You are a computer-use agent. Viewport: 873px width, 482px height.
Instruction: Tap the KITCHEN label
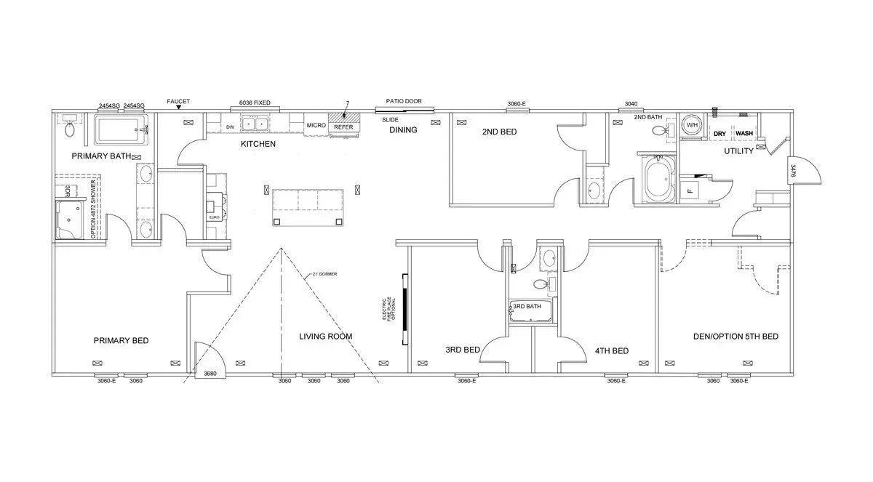click(258, 145)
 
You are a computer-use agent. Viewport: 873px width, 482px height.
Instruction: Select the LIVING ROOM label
click(325, 337)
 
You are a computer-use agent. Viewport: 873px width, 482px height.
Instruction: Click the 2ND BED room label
click(499, 132)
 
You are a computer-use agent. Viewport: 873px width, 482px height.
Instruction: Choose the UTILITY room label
click(738, 151)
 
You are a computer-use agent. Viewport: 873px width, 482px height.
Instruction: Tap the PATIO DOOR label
click(404, 102)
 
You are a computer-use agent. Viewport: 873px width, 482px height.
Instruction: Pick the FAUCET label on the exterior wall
click(178, 102)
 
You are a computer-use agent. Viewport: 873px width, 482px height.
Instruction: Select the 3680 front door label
click(210, 374)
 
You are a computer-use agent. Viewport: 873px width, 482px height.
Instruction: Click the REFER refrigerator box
click(343, 127)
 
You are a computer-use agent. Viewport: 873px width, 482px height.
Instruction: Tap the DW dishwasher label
click(230, 127)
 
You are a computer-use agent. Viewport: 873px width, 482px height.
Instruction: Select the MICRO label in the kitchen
click(316, 126)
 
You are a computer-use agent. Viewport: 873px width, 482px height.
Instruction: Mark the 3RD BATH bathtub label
click(527, 307)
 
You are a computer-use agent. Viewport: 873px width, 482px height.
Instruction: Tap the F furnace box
click(689, 191)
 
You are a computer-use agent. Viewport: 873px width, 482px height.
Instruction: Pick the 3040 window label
click(630, 104)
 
